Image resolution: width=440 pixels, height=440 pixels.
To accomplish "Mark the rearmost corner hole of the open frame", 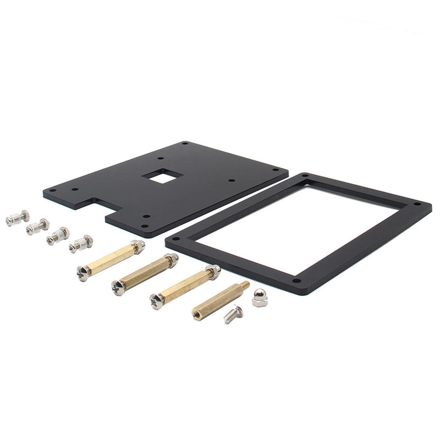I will click(306, 177).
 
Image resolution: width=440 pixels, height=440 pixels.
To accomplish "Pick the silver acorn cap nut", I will click(260, 299).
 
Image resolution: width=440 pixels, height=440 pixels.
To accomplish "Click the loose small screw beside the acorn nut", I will click(234, 314).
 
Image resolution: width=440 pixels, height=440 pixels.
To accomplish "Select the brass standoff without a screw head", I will click(219, 301).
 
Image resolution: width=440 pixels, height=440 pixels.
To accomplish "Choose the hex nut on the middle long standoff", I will click(172, 260).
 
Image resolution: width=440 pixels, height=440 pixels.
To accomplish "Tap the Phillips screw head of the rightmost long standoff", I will click(157, 301).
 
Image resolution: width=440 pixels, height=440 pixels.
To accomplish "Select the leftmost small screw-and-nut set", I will click(17, 218).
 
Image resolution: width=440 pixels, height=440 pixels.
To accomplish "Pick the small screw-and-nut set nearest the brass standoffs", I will click(81, 244).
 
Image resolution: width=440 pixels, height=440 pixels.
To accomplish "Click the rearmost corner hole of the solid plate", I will click(185, 144).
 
